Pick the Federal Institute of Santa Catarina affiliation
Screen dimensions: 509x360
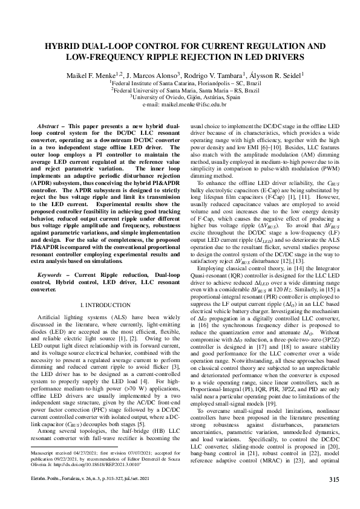coord(180,82)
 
